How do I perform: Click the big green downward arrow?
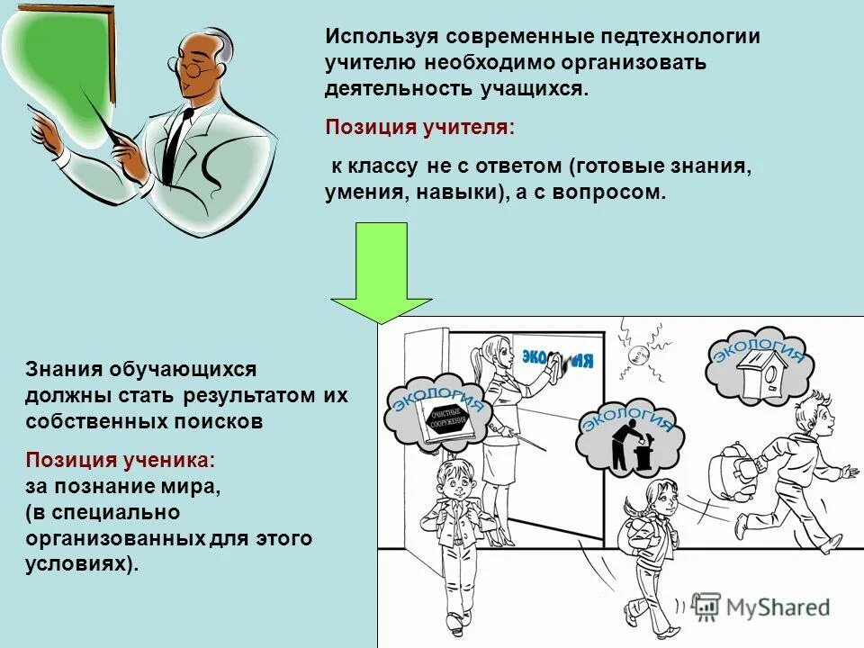[382, 270]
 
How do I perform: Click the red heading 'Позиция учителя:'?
[420, 127]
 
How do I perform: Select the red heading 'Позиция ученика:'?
[121, 460]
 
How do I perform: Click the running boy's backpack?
[732, 468]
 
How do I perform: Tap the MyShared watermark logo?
[760, 607]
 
